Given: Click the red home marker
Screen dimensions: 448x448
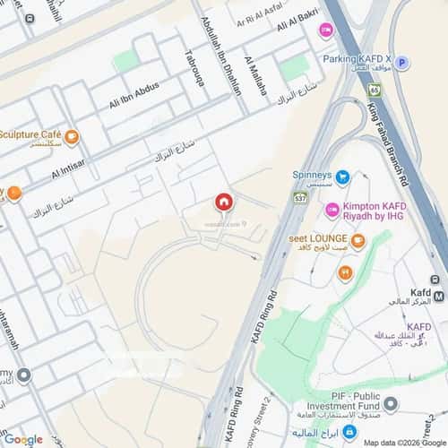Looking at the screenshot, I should (x=223, y=202).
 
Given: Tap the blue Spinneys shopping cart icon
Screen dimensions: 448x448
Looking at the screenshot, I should (x=342, y=178).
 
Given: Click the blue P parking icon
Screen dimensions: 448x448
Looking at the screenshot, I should (x=402, y=63).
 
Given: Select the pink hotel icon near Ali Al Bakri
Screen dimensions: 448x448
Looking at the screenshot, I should (x=325, y=30).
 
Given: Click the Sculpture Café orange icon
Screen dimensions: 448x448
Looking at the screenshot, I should (x=71, y=137).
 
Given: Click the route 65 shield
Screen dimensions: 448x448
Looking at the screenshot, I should (x=374, y=89).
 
